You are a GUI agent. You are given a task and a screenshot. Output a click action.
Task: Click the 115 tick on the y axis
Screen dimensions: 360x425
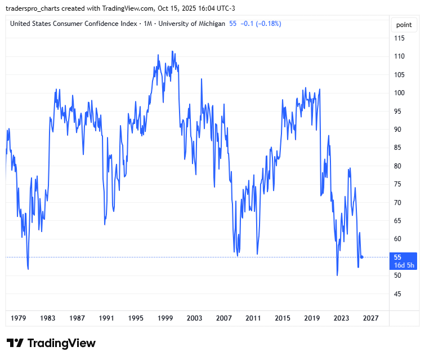coord(400,38)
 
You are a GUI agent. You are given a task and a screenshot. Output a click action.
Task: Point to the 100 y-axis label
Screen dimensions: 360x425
coord(400,93)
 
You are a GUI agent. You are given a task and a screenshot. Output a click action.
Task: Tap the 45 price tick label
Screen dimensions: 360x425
coord(398,294)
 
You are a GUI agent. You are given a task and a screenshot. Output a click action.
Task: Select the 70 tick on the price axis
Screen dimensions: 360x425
coord(398,203)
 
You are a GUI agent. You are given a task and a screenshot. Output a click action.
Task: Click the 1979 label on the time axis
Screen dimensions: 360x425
coord(19,318)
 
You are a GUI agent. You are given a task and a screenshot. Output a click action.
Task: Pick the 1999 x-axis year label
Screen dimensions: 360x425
coord(165,318)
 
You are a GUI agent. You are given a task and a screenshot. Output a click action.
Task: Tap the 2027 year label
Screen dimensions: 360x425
coord(370,318)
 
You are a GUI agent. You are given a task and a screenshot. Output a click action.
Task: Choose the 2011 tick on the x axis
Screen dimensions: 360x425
coord(253,318)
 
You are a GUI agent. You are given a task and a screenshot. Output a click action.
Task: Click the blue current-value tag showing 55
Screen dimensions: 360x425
coord(404,257)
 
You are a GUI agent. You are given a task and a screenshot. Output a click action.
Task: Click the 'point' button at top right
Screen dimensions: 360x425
coord(404,25)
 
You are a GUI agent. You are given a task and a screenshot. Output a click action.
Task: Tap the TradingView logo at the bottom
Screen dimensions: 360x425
coord(51,343)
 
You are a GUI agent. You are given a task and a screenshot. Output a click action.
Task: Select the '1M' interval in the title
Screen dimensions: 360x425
coord(148,24)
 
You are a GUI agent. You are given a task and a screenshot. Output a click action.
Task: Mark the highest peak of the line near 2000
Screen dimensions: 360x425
coord(172,51)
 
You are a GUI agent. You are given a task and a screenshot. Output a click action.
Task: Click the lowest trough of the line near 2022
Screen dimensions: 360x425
coord(337,275)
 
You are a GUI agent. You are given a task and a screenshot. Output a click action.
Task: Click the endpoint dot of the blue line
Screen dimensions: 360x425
coord(362,257)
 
